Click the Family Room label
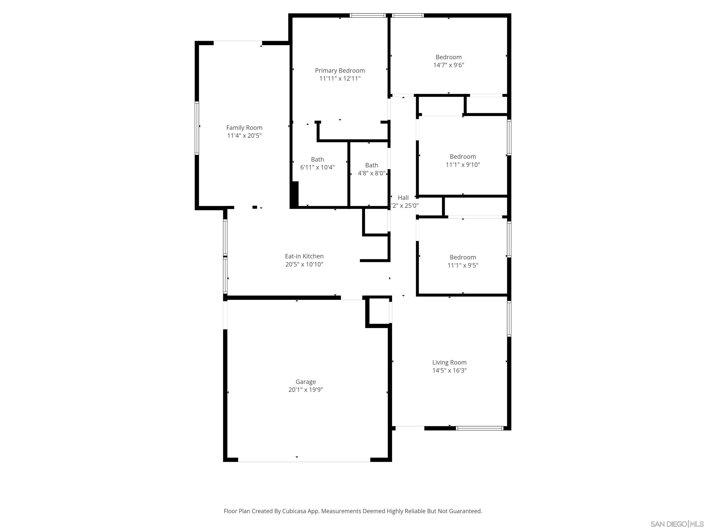pyautogui.click(x=244, y=128)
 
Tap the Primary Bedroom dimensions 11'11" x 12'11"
pyautogui.click(x=340, y=79)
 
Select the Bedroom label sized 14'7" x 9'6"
pyautogui.click(x=448, y=57)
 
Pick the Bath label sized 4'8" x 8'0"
pyautogui.click(x=372, y=165)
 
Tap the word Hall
pyautogui.click(x=403, y=198)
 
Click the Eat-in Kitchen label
pyautogui.click(x=304, y=256)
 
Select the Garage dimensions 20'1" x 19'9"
pyautogui.click(x=305, y=389)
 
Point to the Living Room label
pyautogui.click(x=449, y=362)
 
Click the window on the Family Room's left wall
pyautogui.click(x=197, y=128)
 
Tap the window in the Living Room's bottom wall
pyautogui.click(x=479, y=428)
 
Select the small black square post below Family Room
pyautogui.click(x=255, y=207)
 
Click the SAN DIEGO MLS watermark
pyautogui.click(x=677, y=524)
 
